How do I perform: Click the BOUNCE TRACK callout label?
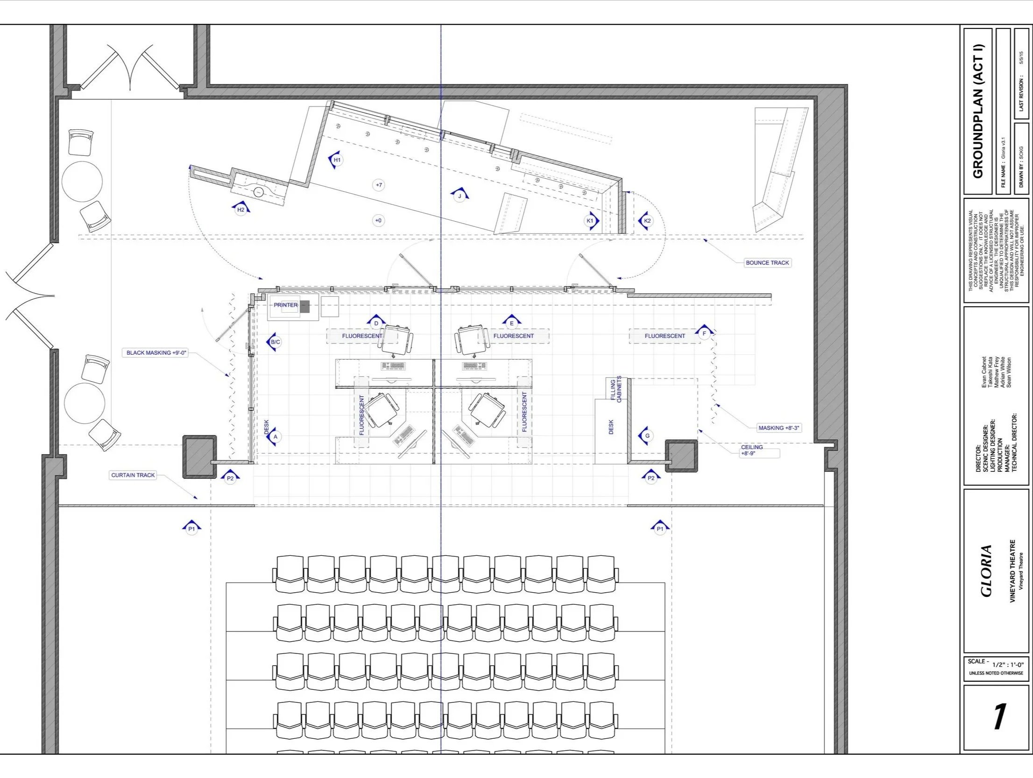pyautogui.click(x=767, y=263)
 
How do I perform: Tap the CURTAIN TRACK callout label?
pyautogui.click(x=133, y=475)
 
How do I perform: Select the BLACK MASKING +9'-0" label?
pyautogui.click(x=157, y=353)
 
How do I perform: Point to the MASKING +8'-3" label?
pyautogui.click(x=779, y=428)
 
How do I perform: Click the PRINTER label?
pyautogui.click(x=286, y=305)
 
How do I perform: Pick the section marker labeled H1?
pyautogui.click(x=336, y=160)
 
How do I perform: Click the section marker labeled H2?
pyautogui.click(x=241, y=209)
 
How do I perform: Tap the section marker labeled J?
pyautogui.click(x=459, y=195)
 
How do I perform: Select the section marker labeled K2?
pyautogui.click(x=646, y=221)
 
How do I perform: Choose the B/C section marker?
pyautogui.click(x=275, y=342)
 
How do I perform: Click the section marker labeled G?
pyautogui.click(x=647, y=436)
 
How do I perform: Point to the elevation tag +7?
pyautogui.click(x=379, y=185)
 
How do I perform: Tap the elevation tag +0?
pyautogui.click(x=378, y=220)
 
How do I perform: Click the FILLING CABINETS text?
pyautogui.click(x=616, y=389)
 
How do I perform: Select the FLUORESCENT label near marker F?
pyautogui.click(x=665, y=336)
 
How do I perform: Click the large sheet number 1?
pyautogui.click(x=998, y=716)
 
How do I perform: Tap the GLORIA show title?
pyautogui.click(x=985, y=571)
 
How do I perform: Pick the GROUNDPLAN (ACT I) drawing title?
pyautogui.click(x=977, y=111)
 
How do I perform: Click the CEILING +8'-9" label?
pyautogui.click(x=752, y=450)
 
